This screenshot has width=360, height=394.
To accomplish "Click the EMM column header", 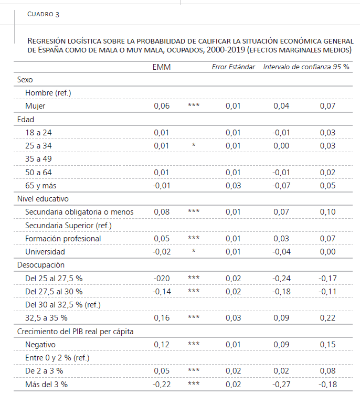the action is point(162,67).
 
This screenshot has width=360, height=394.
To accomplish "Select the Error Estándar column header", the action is point(233,67).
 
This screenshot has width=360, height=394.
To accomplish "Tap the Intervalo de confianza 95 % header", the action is point(306,67).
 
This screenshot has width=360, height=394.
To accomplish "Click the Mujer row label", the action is point(35,106).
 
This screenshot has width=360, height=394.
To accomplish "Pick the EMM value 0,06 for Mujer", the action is point(162,106).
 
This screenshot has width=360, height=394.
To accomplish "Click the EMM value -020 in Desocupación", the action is point(162,279).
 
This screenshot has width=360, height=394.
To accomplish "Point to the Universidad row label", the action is point(45,252).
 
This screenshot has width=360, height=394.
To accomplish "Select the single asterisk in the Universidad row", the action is point(194,251).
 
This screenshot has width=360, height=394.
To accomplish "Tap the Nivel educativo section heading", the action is point(43,199).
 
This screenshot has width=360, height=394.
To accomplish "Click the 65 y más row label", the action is point(41,186).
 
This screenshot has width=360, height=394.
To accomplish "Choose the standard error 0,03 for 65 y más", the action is point(233,186).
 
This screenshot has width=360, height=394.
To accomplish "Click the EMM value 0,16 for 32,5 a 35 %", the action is point(162,318).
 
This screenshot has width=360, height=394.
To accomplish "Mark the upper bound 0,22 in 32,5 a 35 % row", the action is point(327,318).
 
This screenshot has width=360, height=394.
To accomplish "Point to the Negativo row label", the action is point(40,345).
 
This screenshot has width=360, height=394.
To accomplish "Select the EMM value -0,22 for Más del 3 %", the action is point(162,385).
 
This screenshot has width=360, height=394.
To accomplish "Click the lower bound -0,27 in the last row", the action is point(281,385).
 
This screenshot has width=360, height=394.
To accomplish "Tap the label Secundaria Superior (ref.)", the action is point(68,226).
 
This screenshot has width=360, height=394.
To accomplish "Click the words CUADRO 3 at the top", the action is point(43,14).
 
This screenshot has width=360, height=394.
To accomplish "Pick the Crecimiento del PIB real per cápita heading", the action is point(75,332).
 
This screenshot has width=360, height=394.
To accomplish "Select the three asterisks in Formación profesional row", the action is point(194,238).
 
